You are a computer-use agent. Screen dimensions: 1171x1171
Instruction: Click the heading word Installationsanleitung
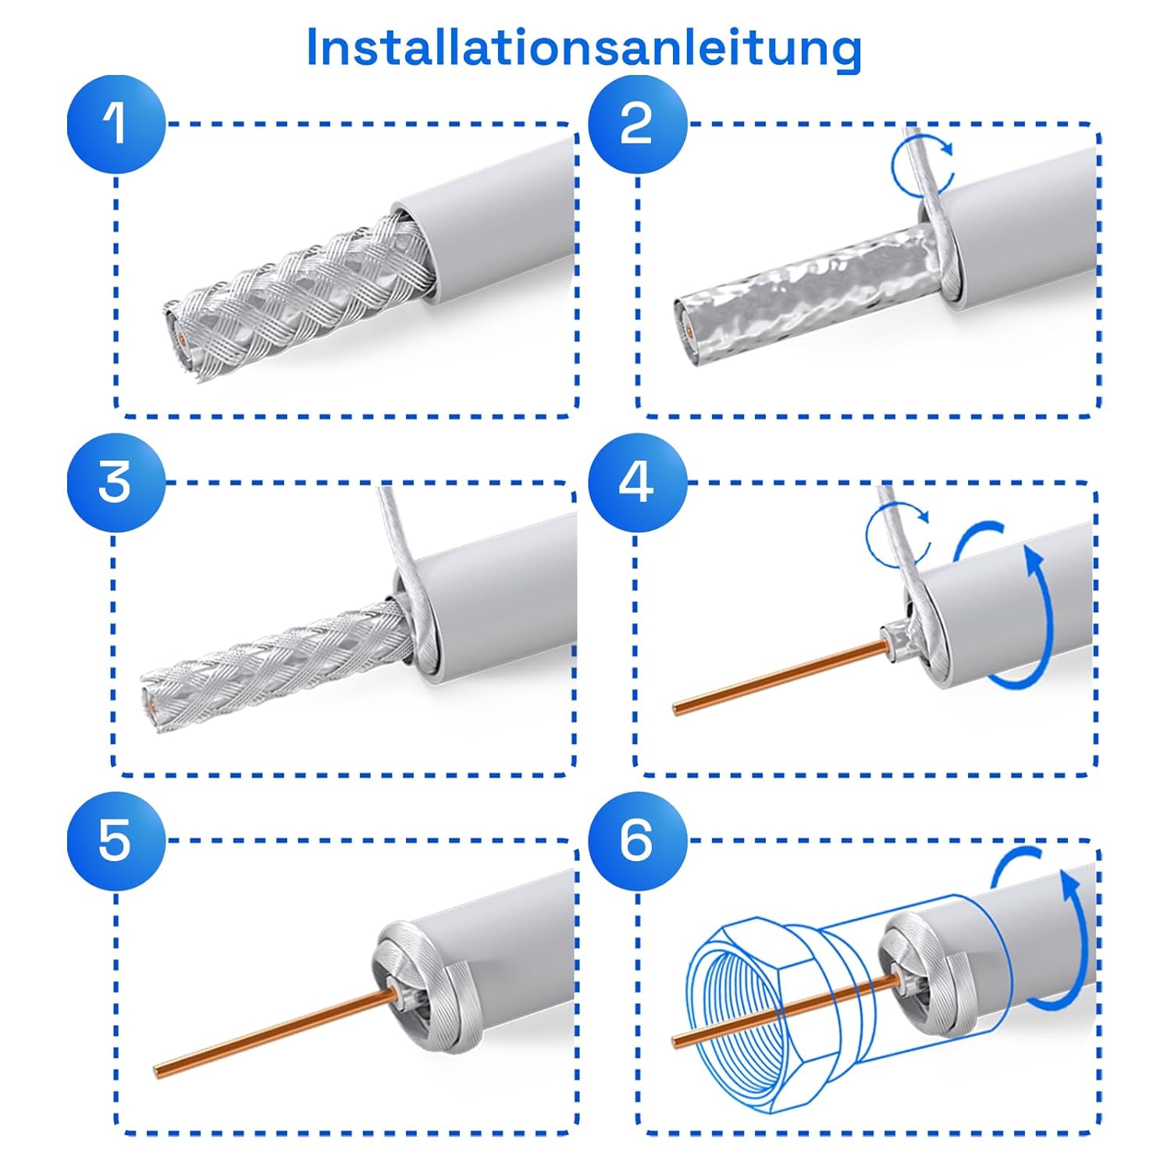[584, 48]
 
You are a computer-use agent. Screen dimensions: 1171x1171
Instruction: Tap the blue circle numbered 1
[116, 124]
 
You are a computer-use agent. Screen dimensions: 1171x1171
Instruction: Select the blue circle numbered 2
[637, 124]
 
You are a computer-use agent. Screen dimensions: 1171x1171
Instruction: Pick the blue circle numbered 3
[116, 482]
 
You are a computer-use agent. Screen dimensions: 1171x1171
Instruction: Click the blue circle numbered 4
[637, 482]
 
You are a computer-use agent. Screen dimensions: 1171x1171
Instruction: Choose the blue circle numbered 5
[116, 841]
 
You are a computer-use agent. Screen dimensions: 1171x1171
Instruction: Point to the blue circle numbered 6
[637, 841]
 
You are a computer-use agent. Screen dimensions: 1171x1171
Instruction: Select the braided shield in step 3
[277, 664]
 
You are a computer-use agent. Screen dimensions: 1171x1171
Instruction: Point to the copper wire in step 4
[781, 676]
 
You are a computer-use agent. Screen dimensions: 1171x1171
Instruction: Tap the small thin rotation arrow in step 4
[898, 535]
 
